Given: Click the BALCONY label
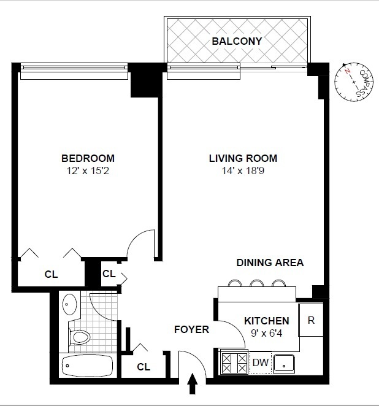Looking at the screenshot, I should click(237, 41).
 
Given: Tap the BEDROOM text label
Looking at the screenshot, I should click(88, 158).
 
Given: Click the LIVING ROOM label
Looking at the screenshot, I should click(243, 158).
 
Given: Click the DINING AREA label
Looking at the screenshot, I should click(270, 262).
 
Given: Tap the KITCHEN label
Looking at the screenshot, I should click(266, 321).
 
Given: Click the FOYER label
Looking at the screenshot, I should click(192, 329).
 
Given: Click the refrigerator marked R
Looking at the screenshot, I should click(311, 320).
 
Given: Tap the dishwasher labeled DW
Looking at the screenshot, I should click(261, 362).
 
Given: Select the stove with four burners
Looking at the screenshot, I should click(234, 362).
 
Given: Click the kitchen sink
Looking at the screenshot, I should click(284, 363).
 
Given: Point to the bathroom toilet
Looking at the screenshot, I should click(78, 336).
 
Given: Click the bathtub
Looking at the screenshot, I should click(88, 367).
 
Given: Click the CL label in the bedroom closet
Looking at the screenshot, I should click(51, 275).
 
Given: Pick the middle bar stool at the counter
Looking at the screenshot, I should click(256, 283).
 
